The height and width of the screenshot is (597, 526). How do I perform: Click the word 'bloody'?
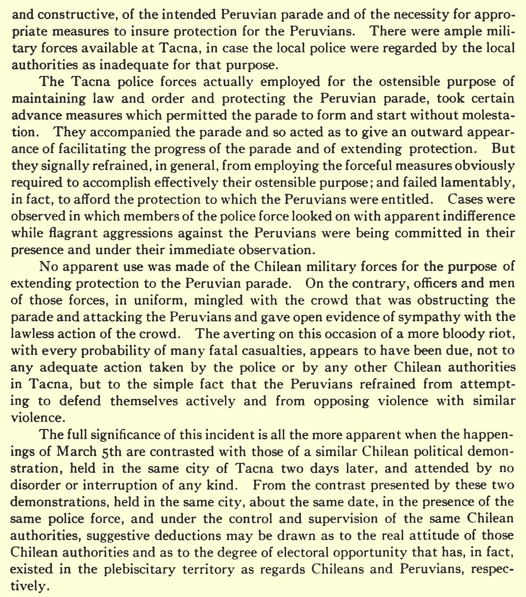pos(449,334)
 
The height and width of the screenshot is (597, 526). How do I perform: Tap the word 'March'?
pos(76,452)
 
